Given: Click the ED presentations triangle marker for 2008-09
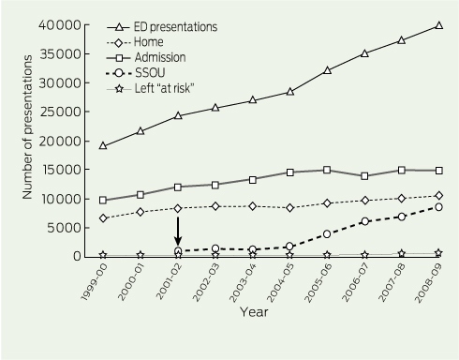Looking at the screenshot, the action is tap(438, 25).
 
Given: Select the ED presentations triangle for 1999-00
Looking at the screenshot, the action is tap(103, 145).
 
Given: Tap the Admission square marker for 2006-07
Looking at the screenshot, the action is tap(364, 176).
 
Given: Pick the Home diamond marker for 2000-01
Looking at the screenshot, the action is tap(141, 212).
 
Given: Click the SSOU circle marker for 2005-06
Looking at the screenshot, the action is tap(327, 234).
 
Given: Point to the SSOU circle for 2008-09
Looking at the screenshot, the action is tap(438, 207).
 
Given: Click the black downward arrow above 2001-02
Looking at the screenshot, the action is tap(178, 232).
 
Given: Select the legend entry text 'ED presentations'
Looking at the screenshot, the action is tap(175, 27).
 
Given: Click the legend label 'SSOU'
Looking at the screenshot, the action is tap(150, 73).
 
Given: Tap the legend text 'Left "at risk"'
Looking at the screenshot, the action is tap(165, 88).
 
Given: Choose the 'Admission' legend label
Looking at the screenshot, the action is tap(160, 57).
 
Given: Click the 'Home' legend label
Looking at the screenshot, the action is tap(149, 42).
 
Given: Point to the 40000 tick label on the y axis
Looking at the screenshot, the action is tap(60, 25).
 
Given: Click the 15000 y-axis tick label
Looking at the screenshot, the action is tap(61, 170).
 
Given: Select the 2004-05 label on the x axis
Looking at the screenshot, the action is tap(280, 282).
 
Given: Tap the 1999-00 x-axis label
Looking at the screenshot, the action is tap(94, 282).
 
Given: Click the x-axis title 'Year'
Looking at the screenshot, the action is tap(254, 312).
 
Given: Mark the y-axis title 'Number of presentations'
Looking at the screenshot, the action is tap(27, 127).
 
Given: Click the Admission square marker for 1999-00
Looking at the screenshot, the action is tap(103, 201).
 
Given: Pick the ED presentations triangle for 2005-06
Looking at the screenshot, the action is tap(327, 70).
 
